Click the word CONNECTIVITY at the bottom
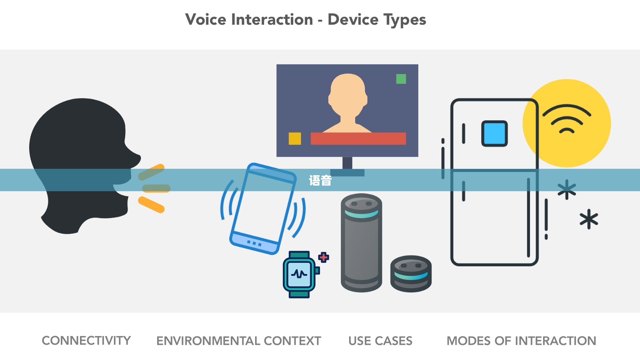86,340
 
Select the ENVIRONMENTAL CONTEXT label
238,341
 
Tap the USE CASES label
380,341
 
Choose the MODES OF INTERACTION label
522,341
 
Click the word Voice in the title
206,20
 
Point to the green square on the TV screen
401,79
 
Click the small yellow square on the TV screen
295,138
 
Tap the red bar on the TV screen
358,138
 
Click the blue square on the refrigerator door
494,134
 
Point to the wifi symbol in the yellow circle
567,119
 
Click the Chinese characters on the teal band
320,180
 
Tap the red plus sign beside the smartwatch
324,258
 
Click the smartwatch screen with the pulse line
299,274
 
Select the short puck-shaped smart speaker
411,274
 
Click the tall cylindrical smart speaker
362,242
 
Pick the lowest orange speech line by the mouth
151,204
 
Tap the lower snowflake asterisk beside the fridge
589,219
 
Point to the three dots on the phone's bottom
254,244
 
